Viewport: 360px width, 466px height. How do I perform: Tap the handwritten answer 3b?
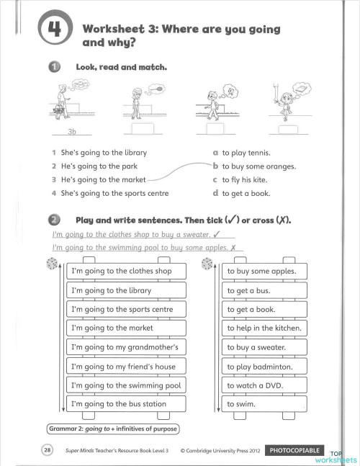(x=71, y=133)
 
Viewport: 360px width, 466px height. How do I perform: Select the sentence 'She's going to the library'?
(x=99, y=153)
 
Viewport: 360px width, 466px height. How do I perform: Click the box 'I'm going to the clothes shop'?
(x=126, y=272)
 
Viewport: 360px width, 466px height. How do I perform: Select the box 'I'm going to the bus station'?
(x=126, y=404)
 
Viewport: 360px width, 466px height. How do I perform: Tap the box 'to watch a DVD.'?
(x=264, y=385)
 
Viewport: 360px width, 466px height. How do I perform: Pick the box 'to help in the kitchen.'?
(x=264, y=328)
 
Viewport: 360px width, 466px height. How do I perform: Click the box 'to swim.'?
(x=264, y=404)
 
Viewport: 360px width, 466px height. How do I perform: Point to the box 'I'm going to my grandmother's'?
(x=126, y=347)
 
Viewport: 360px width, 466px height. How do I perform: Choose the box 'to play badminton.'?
(x=264, y=367)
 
